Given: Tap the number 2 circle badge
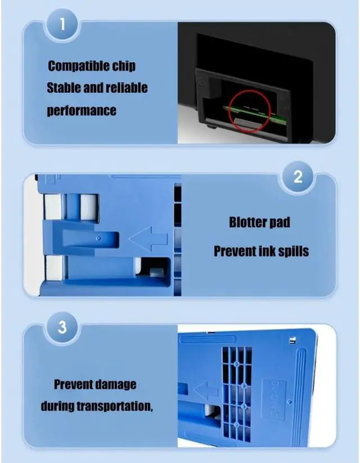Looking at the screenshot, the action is (299, 178).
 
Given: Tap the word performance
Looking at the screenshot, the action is (82, 110).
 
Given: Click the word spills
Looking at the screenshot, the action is (291, 250).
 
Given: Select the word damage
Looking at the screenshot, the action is (114, 385).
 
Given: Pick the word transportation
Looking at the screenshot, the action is (119, 407).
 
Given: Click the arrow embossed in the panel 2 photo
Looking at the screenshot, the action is (148, 240).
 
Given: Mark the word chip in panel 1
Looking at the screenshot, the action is (123, 66).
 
